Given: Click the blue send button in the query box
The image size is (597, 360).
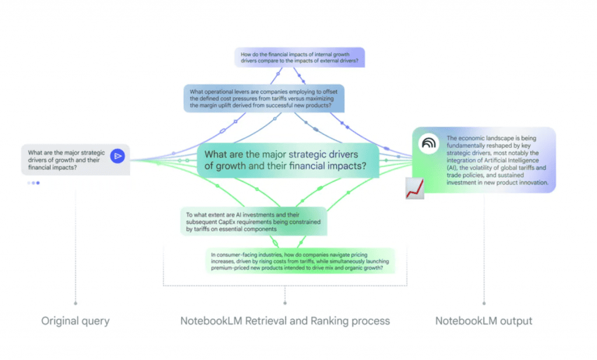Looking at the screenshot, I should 118,156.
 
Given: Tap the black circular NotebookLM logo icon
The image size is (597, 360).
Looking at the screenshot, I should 429,143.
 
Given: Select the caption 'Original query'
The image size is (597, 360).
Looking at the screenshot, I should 75,321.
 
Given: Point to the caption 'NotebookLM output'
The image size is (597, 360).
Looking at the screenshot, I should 483,321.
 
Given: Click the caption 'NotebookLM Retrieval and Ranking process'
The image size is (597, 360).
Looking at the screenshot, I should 285,321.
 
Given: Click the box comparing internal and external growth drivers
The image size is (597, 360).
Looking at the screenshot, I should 300,57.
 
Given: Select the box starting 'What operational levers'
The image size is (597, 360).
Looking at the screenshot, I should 264,98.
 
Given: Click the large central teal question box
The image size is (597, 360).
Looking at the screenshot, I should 288,160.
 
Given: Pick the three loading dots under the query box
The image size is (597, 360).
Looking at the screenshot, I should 33,183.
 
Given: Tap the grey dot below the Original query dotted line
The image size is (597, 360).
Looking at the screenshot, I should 75,303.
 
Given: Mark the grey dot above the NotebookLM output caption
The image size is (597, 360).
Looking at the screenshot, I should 483,303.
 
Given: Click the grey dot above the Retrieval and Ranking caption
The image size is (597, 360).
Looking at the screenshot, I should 285,303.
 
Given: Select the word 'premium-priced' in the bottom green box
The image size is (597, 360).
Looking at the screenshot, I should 231,268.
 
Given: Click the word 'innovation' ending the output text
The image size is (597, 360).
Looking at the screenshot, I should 531,183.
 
